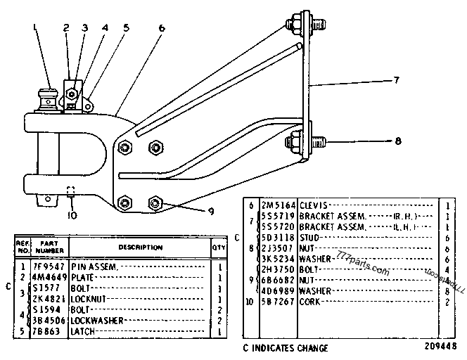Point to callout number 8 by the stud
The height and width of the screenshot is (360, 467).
(x=397, y=141)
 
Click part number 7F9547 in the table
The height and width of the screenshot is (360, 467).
(x=47, y=266)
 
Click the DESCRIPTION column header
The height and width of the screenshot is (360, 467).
(x=139, y=247)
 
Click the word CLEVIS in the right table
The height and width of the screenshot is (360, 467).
(x=314, y=205)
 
